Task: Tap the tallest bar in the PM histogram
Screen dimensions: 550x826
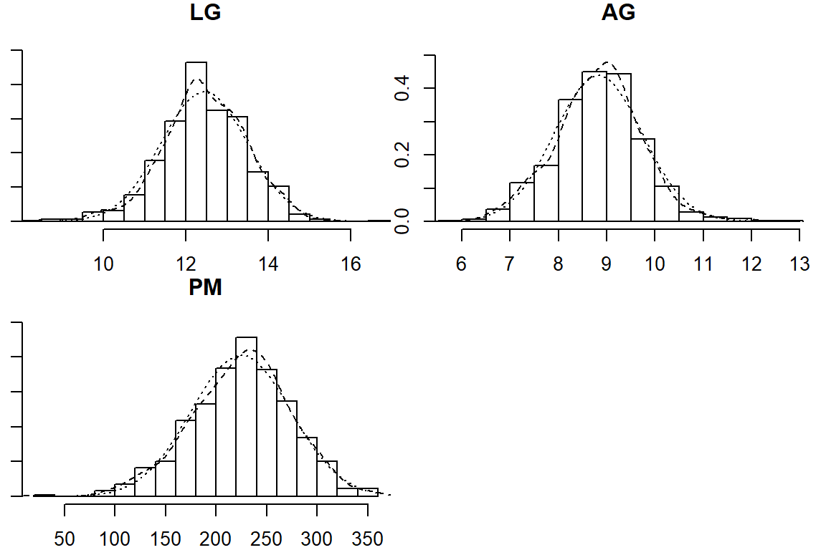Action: click(246, 416)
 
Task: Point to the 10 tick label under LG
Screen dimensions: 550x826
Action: click(104, 264)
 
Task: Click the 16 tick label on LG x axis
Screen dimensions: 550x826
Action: click(351, 264)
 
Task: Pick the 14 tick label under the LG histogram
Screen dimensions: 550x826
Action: click(268, 264)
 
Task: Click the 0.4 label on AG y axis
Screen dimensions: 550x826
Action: click(404, 89)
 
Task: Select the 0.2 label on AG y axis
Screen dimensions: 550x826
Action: click(404, 155)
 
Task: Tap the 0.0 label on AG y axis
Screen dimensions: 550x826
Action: click(404, 221)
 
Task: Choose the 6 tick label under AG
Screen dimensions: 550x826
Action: click(461, 264)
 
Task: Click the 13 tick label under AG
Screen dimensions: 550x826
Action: click(800, 264)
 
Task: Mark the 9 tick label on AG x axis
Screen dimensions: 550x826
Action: click(607, 264)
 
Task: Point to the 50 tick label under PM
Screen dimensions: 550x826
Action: click(65, 538)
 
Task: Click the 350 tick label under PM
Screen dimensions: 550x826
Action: click(368, 538)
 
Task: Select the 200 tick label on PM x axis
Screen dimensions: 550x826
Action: click(216, 538)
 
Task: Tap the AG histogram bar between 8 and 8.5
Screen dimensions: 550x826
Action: click(570, 160)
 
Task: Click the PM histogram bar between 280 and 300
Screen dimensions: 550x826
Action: click(307, 466)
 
